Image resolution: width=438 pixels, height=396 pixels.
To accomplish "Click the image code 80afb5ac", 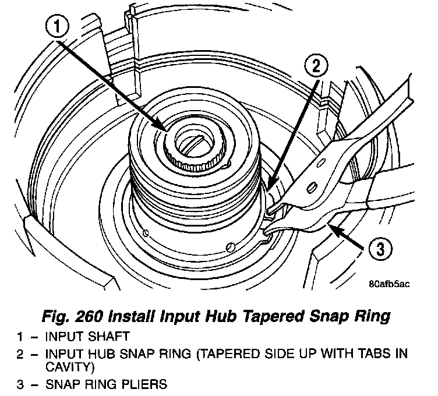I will pos(390,284).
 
